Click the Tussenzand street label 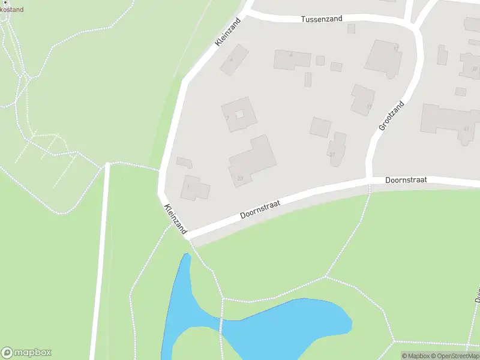click(322, 19)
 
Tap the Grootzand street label click(392, 116)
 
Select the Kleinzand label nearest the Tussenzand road click(228, 32)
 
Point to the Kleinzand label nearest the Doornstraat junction click(175, 219)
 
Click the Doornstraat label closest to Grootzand click(406, 179)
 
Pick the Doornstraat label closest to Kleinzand click(260, 209)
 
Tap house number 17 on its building click(395, 48)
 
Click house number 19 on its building click(369, 106)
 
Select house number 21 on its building click(331, 154)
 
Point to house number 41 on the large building click(466, 128)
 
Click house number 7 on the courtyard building click(227, 118)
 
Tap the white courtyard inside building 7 click(239, 114)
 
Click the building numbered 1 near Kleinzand click(196, 188)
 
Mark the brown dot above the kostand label click(8, 2)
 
